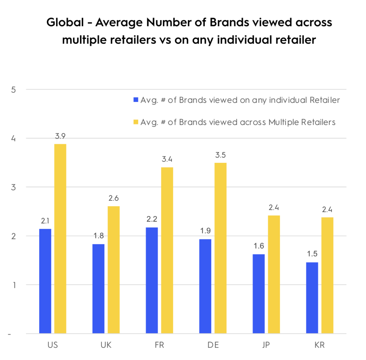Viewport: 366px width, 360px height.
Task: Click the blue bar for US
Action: click(45, 281)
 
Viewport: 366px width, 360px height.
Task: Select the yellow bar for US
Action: click(60, 239)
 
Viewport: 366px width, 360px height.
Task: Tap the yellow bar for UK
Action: click(113, 270)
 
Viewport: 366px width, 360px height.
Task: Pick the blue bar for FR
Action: click(152, 281)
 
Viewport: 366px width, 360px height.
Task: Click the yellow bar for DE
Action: click(220, 248)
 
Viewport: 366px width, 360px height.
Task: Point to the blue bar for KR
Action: click(312, 298)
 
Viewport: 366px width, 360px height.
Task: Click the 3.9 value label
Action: click(60, 136)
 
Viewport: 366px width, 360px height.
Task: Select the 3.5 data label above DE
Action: click(220, 155)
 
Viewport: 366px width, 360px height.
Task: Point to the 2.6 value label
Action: click(113, 198)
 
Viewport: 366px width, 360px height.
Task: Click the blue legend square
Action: click(135, 100)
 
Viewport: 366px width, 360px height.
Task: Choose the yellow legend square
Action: click(135, 122)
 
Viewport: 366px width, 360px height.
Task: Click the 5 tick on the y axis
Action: click(13, 89)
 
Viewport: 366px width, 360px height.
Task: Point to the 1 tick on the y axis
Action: click(14, 285)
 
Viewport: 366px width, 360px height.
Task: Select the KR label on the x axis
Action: click(320, 345)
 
